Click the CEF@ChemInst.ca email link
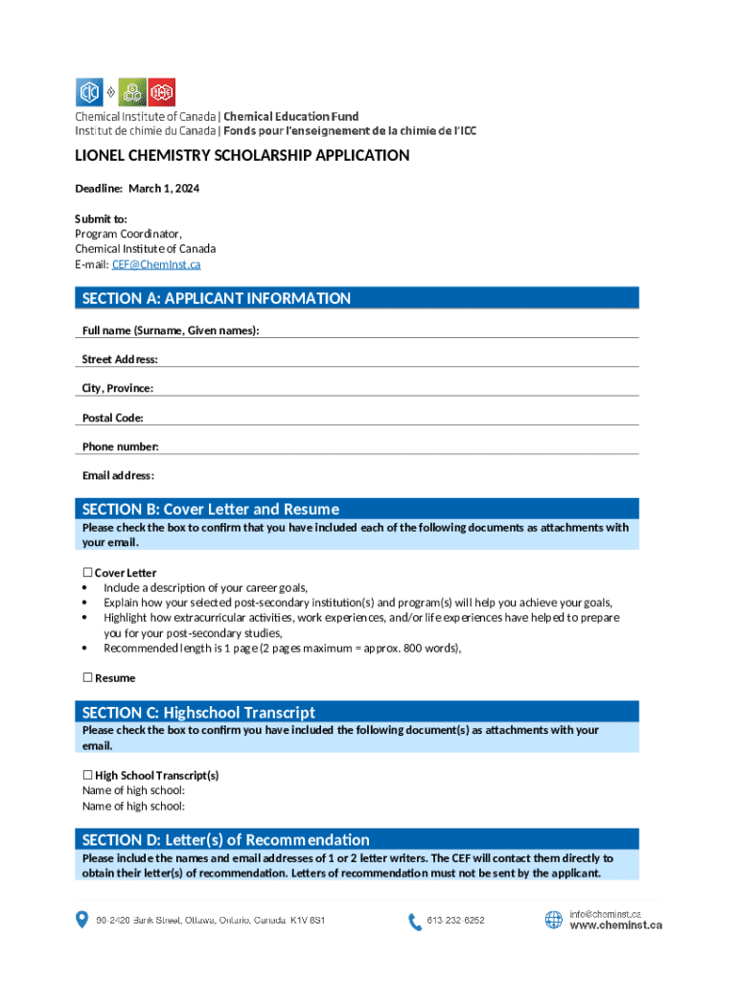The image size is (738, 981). pyautogui.click(x=156, y=264)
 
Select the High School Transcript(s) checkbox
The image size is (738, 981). pyautogui.click(x=87, y=775)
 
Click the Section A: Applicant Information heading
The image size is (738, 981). pyautogui.click(x=217, y=298)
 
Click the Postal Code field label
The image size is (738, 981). pyautogui.click(x=113, y=418)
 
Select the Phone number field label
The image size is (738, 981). pyautogui.click(x=120, y=446)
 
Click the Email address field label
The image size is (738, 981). pyautogui.click(x=118, y=476)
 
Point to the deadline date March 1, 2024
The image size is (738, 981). pyautogui.click(x=171, y=189)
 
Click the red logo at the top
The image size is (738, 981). pyautogui.click(x=163, y=92)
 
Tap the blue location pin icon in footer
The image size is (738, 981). pyautogui.click(x=81, y=920)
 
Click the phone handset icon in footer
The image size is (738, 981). pyautogui.click(x=415, y=922)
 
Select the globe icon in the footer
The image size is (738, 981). pyautogui.click(x=554, y=920)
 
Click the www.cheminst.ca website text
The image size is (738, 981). pyautogui.click(x=615, y=925)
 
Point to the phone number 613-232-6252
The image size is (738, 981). pyautogui.click(x=456, y=921)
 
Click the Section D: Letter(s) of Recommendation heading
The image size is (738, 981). pyautogui.click(x=226, y=840)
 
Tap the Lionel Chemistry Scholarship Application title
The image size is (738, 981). pyautogui.click(x=242, y=156)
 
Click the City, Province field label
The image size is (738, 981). pyautogui.click(x=118, y=388)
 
